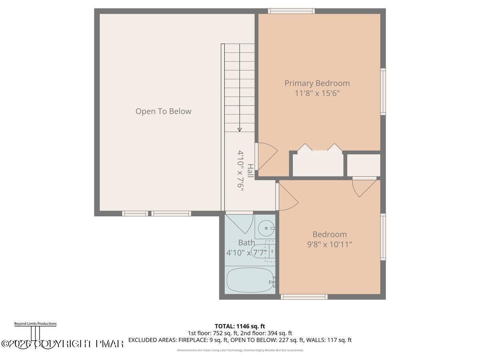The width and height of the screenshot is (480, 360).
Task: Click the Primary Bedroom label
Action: [x=317, y=83]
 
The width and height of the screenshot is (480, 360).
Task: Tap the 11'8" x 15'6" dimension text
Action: [x=317, y=94]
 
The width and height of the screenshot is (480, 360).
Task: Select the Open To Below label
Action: [x=163, y=111]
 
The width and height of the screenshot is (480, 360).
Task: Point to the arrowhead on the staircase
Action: [x=240, y=129]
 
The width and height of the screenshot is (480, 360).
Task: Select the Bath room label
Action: [x=246, y=242]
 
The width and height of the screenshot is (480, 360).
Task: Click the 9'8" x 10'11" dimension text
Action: [x=330, y=244]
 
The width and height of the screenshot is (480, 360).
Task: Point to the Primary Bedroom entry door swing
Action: [x=266, y=156]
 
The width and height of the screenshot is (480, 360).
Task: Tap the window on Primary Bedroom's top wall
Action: [x=291, y=11]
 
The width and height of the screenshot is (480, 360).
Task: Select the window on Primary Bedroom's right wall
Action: [x=383, y=92]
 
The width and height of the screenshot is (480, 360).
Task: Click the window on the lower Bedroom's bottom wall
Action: [x=304, y=297]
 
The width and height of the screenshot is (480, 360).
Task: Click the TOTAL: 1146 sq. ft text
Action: [x=240, y=326]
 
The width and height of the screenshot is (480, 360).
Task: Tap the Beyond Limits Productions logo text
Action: [x=35, y=324]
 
